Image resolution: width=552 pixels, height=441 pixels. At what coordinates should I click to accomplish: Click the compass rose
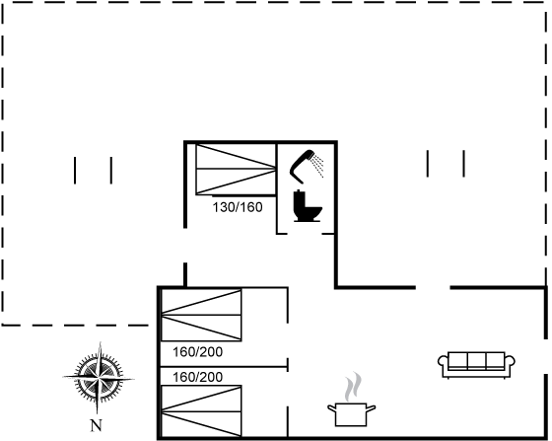click(x=99, y=378)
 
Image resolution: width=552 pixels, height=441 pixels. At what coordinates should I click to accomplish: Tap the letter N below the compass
click(x=97, y=426)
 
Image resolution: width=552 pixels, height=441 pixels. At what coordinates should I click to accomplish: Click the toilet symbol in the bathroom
click(x=307, y=206)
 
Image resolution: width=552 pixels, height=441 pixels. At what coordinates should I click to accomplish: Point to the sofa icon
click(x=476, y=365)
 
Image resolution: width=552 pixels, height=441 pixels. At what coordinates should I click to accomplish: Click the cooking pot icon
click(x=351, y=414)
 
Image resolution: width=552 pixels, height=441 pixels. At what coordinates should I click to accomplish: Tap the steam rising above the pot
click(x=353, y=387)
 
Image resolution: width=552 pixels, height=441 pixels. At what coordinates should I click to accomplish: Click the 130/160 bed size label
click(x=238, y=207)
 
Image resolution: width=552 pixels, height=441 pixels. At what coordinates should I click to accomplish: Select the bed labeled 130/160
click(x=236, y=169)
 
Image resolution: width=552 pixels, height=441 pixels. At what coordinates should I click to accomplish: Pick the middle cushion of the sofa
click(x=477, y=361)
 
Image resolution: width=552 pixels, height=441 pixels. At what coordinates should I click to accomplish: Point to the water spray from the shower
click(x=317, y=165)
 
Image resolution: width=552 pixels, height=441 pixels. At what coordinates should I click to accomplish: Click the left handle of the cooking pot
click(x=331, y=408)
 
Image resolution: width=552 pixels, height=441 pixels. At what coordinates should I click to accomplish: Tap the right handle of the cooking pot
click(x=371, y=408)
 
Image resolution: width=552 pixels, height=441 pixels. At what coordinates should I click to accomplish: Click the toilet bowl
click(x=312, y=212)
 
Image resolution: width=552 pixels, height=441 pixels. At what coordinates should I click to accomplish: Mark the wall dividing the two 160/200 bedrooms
click(x=225, y=367)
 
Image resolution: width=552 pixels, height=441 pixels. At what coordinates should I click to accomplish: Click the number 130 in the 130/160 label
click(x=223, y=207)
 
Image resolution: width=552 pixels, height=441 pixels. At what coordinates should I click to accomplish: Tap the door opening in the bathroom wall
click(x=305, y=233)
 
